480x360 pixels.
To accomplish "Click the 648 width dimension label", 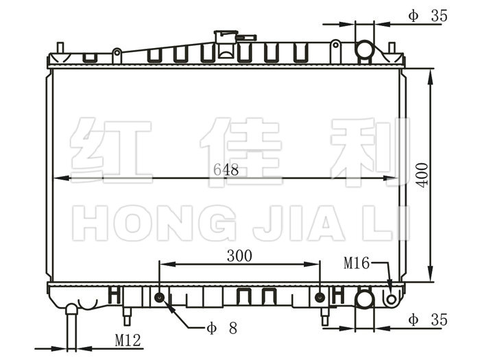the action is click(226, 169).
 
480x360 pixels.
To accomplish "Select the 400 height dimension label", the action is click(422, 175).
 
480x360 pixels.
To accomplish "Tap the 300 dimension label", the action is click(240, 256).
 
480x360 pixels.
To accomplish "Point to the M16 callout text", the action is click(357, 263).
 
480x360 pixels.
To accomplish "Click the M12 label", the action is click(128, 340).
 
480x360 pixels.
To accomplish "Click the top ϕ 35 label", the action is click(428, 16).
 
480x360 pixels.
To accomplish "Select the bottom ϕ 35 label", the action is click(428, 320).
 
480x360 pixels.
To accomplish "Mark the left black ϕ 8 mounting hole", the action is click(160, 297).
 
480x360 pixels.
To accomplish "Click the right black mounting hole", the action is click(320, 297).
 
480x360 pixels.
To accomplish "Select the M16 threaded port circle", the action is click(392, 299).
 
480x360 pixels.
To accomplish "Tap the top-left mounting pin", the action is click(60, 48).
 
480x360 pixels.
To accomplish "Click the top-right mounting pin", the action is click(392, 48).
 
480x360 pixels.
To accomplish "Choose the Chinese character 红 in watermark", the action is click(111, 151).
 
